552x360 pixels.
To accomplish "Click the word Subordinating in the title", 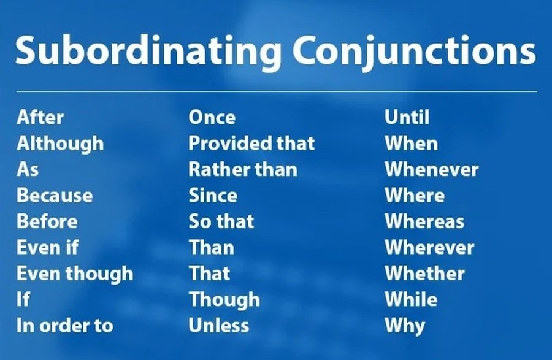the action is (148, 51).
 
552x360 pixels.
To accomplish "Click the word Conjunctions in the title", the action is (414, 51).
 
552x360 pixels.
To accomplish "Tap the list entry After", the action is (40, 117).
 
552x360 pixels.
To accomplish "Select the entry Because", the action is (55, 195).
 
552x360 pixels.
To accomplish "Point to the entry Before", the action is (47, 221).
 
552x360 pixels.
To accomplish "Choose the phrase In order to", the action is (65, 326).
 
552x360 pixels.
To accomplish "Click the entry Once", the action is (212, 117).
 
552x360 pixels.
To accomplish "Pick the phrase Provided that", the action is (251, 144).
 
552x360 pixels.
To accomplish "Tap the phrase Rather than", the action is (242, 169).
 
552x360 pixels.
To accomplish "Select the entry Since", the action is (213, 195).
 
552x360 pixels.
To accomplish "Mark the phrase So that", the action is (221, 221).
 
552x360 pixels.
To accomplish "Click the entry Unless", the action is (218, 326).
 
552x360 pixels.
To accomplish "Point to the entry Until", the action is (407, 117).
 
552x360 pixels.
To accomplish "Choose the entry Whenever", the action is (432, 169).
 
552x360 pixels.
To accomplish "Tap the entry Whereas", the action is (424, 221).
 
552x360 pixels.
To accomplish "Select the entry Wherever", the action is (429, 247).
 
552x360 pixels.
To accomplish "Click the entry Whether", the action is (424, 274).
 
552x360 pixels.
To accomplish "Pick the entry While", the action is (411, 299).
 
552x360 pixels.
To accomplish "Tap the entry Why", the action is (405, 326).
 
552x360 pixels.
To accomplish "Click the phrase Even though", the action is (75, 274).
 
